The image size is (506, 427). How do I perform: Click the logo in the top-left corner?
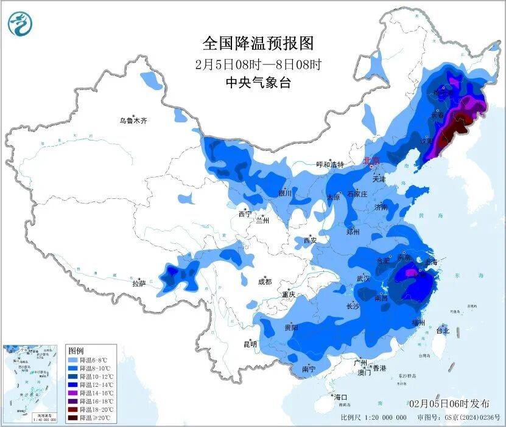pyautogui.click(x=19, y=24)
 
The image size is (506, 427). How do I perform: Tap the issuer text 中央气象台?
pyautogui.click(x=258, y=83)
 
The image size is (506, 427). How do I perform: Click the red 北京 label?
pyautogui.click(x=370, y=161)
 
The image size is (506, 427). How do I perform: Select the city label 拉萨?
pyautogui.click(x=139, y=283)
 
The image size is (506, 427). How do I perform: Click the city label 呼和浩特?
pyautogui.click(x=330, y=165)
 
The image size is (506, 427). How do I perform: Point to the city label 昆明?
pyautogui.click(x=250, y=344)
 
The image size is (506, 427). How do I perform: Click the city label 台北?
pyautogui.click(x=442, y=331)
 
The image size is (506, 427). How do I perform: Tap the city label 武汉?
pyautogui.click(x=364, y=279)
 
